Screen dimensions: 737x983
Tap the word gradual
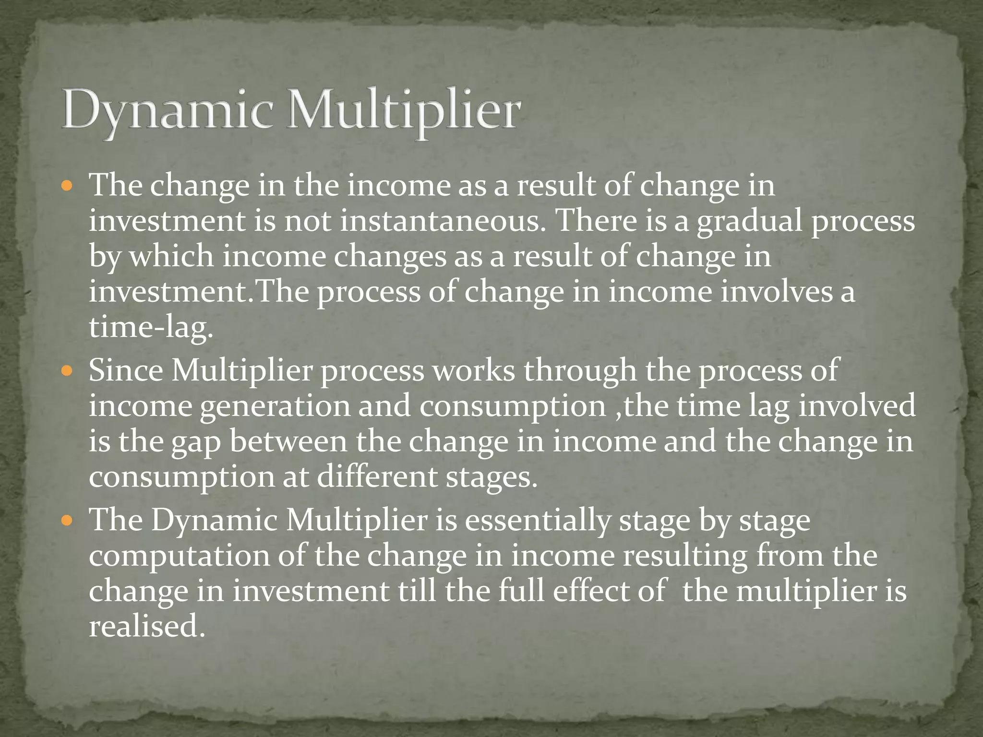click(x=749, y=221)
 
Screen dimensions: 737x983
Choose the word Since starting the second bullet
click(x=126, y=370)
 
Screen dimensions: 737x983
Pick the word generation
click(x=275, y=406)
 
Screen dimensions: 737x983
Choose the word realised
click(x=144, y=627)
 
